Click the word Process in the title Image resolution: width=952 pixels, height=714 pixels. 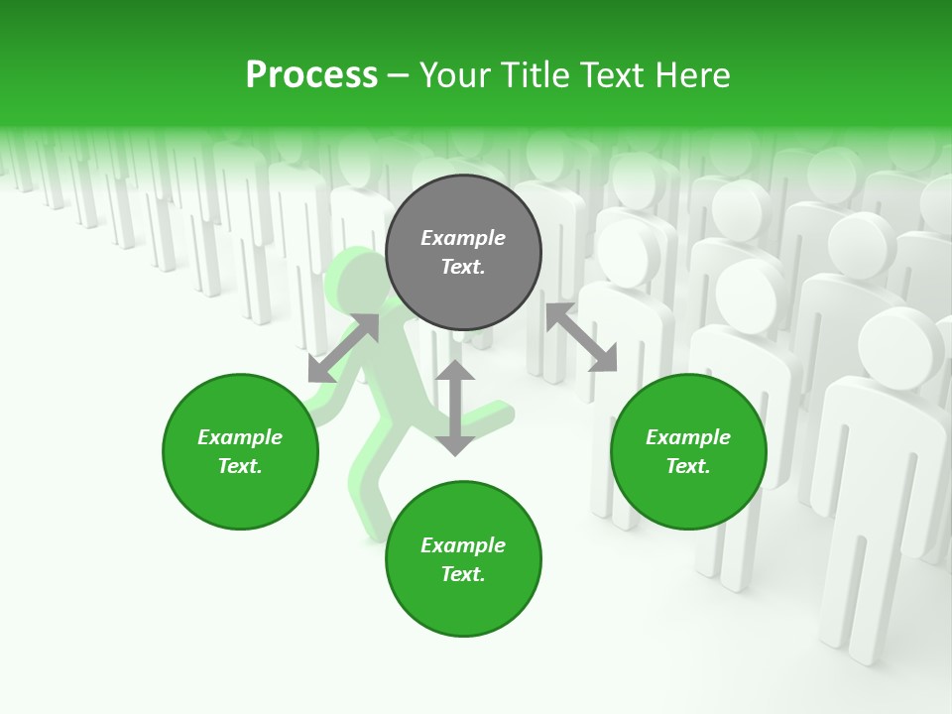311,75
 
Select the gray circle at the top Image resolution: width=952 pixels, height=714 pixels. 463,252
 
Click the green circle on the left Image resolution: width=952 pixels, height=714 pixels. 240,451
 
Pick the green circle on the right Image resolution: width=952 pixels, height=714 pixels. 688,451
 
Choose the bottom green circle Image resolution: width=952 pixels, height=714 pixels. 463,559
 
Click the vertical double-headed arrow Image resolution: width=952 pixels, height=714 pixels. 455,408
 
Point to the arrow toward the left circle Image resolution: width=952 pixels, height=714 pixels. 343,348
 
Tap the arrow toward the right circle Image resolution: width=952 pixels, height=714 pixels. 581,337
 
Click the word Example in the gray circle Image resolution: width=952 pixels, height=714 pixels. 463,238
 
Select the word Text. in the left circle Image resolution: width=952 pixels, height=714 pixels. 240,466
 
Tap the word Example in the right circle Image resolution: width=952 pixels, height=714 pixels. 688,437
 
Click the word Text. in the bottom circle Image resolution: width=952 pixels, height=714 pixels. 463,574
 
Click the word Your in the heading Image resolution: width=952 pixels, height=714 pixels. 454,75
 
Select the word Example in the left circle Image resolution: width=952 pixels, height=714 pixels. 240,437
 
